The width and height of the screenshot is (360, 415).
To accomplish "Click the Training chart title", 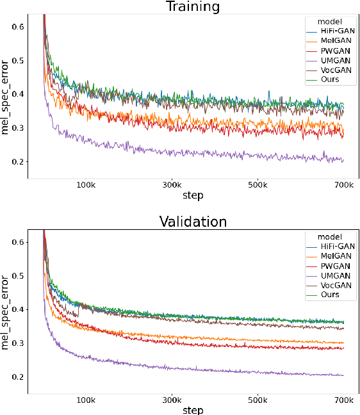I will click(193, 7).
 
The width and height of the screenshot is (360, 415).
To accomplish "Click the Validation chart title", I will click(193, 222).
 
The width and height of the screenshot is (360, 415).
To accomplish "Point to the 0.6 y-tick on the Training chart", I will click(19, 26).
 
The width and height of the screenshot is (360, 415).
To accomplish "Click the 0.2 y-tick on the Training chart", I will click(19, 162).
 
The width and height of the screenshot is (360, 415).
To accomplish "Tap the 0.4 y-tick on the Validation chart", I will click(19, 309).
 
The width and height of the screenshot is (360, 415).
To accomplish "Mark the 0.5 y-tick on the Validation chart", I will click(19, 275).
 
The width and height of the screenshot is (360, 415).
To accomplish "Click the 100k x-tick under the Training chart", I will click(85, 185).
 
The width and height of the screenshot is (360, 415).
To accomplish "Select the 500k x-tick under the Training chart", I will click(258, 185).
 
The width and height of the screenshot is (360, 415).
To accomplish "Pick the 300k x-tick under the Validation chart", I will click(172, 400).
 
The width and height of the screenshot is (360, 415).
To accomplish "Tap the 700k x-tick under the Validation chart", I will click(343, 400).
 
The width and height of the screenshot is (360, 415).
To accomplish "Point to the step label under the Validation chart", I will click(193, 410).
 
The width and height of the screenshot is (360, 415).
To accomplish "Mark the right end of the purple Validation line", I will click(344, 375).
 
